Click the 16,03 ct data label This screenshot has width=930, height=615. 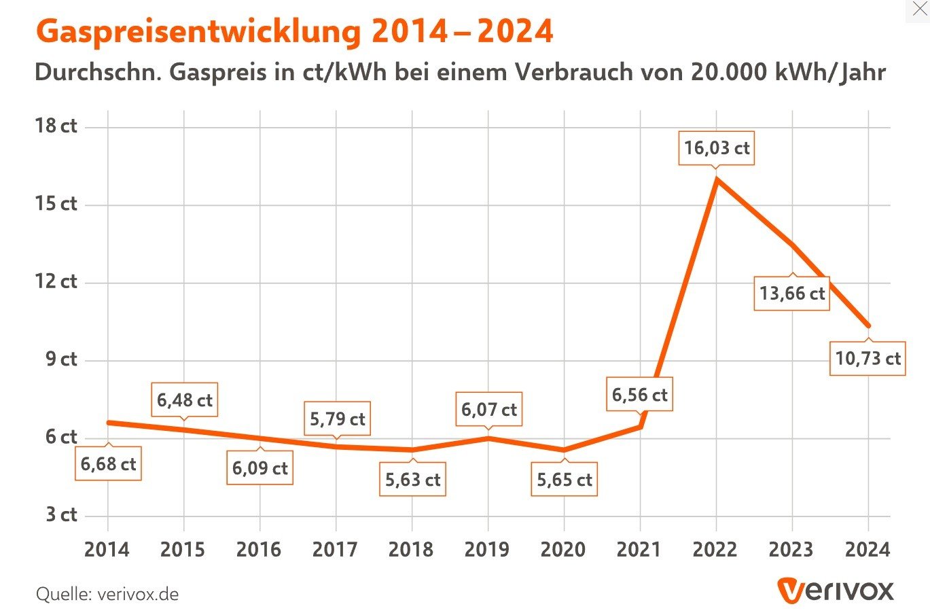(x=717, y=148)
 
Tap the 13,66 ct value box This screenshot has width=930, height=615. (x=792, y=294)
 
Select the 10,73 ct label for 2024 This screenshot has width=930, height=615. (x=868, y=358)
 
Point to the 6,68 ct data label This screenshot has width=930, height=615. (x=108, y=464)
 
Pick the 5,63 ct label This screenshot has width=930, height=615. (x=412, y=480)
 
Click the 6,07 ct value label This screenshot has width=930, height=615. (x=488, y=410)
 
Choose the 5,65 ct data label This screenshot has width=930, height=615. (x=564, y=480)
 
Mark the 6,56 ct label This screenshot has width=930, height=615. (x=639, y=395)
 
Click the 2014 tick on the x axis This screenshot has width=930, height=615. (x=107, y=549)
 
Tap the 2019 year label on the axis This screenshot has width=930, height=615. (x=487, y=549)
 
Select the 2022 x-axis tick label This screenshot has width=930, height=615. (x=715, y=549)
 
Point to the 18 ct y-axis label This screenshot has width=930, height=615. (x=56, y=126)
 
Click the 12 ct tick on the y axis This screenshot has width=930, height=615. (x=56, y=281)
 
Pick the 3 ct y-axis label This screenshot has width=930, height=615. (x=61, y=514)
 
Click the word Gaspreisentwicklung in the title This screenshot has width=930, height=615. (x=197, y=32)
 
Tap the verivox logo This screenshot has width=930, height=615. (x=835, y=591)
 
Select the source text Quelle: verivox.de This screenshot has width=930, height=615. (x=107, y=595)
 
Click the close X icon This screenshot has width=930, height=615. (x=918, y=10)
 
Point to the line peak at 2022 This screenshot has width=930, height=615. (x=717, y=179)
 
